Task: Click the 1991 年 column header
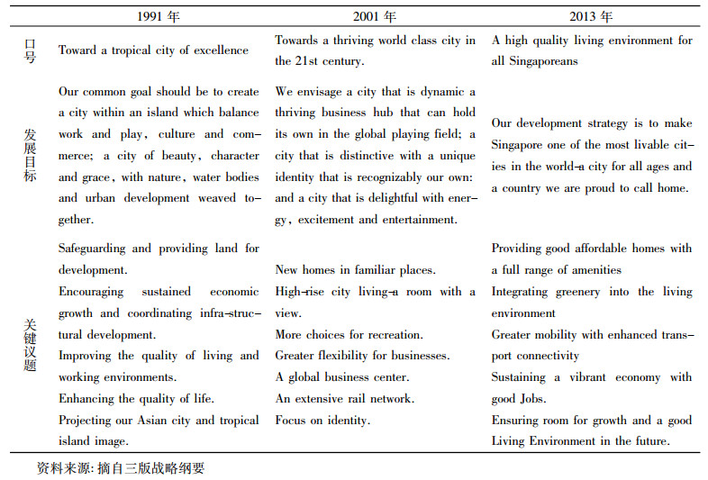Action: [x=158, y=16]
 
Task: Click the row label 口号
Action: [x=30, y=50]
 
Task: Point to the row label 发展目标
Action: [x=30, y=156]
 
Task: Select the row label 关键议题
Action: [x=30, y=345]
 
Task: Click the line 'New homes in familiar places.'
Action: [x=355, y=270]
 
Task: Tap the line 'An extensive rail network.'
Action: [x=344, y=399]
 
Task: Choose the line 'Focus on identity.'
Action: [x=322, y=421]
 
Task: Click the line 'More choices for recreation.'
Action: [x=349, y=335]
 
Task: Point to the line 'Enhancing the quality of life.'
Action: [x=136, y=399]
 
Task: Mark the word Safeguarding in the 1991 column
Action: [x=92, y=249]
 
